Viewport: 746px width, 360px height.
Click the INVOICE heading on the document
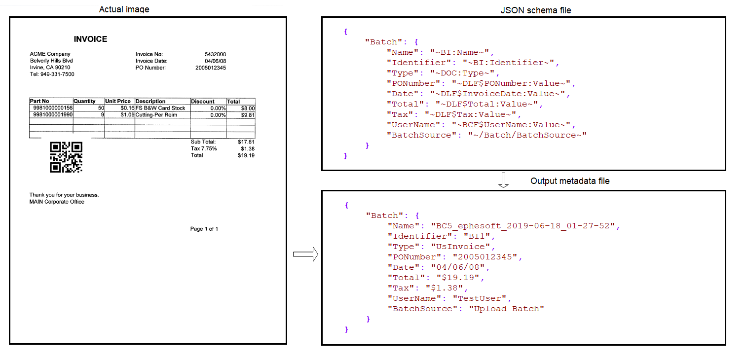pos(90,39)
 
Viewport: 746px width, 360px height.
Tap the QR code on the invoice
pos(66,157)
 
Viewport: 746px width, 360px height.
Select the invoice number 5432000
pos(215,54)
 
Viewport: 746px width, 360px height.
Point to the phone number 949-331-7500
pos(57,74)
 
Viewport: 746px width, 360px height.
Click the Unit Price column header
pos(118,101)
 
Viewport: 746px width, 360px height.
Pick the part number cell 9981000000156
pos(53,108)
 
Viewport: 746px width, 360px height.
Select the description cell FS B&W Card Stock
pos(160,108)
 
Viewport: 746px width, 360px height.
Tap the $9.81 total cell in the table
pos(248,115)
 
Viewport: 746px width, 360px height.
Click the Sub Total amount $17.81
pos(246,142)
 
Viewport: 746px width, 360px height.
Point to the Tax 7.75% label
pos(203,148)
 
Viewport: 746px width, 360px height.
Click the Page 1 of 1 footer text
pos(204,229)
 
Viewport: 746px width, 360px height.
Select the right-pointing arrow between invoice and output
pos(305,254)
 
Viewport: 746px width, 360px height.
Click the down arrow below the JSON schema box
pos(503,180)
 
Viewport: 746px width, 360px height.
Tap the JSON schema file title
pos(536,10)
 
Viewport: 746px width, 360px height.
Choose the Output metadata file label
pos(570,181)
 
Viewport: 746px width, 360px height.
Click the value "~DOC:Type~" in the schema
pos(462,73)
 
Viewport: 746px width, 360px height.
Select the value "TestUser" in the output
pos(480,298)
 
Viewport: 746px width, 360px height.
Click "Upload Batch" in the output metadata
pos(507,309)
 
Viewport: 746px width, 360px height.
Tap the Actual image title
pos(124,9)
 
